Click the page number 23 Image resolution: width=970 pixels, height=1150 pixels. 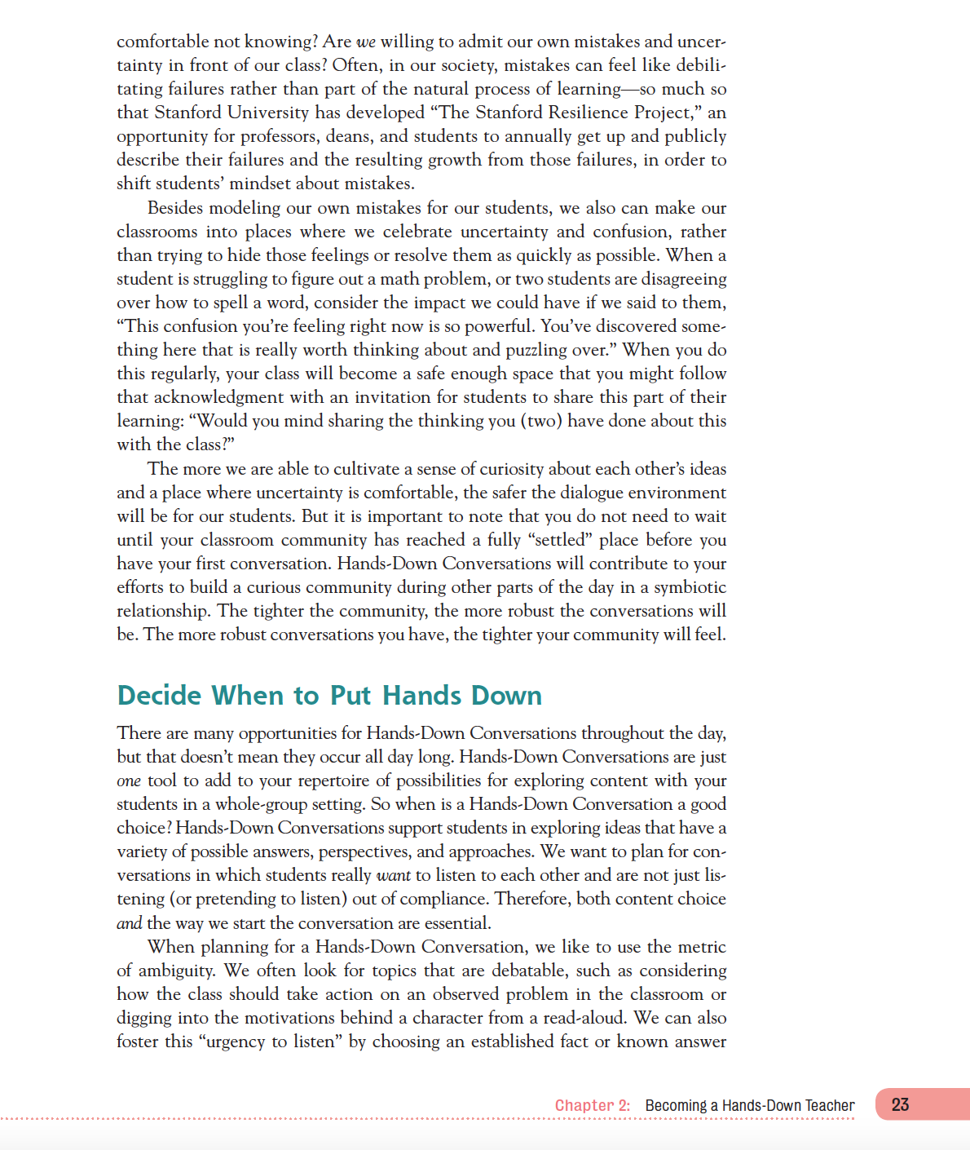click(900, 1104)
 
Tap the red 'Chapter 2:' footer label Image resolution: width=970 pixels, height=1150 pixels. click(593, 1105)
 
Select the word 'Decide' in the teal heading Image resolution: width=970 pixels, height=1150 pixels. click(159, 695)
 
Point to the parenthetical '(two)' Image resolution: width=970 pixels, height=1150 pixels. click(541, 421)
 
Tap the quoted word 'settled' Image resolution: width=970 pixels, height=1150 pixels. click(561, 540)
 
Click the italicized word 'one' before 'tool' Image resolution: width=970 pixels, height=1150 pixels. click(129, 781)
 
